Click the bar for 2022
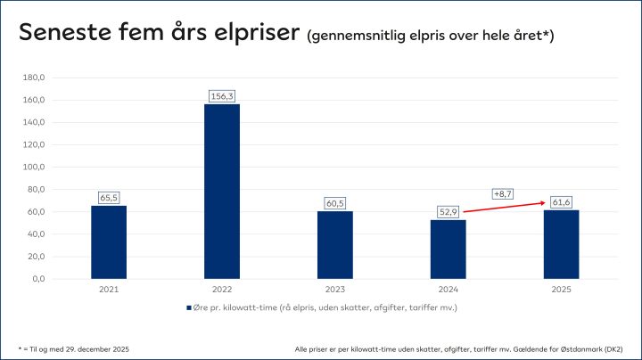click(221, 191)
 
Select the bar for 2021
click(108, 241)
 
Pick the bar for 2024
click(448, 249)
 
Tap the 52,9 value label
click(448, 210)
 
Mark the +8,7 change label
click(503, 193)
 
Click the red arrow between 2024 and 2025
click(504, 207)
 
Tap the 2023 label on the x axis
click(334, 290)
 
